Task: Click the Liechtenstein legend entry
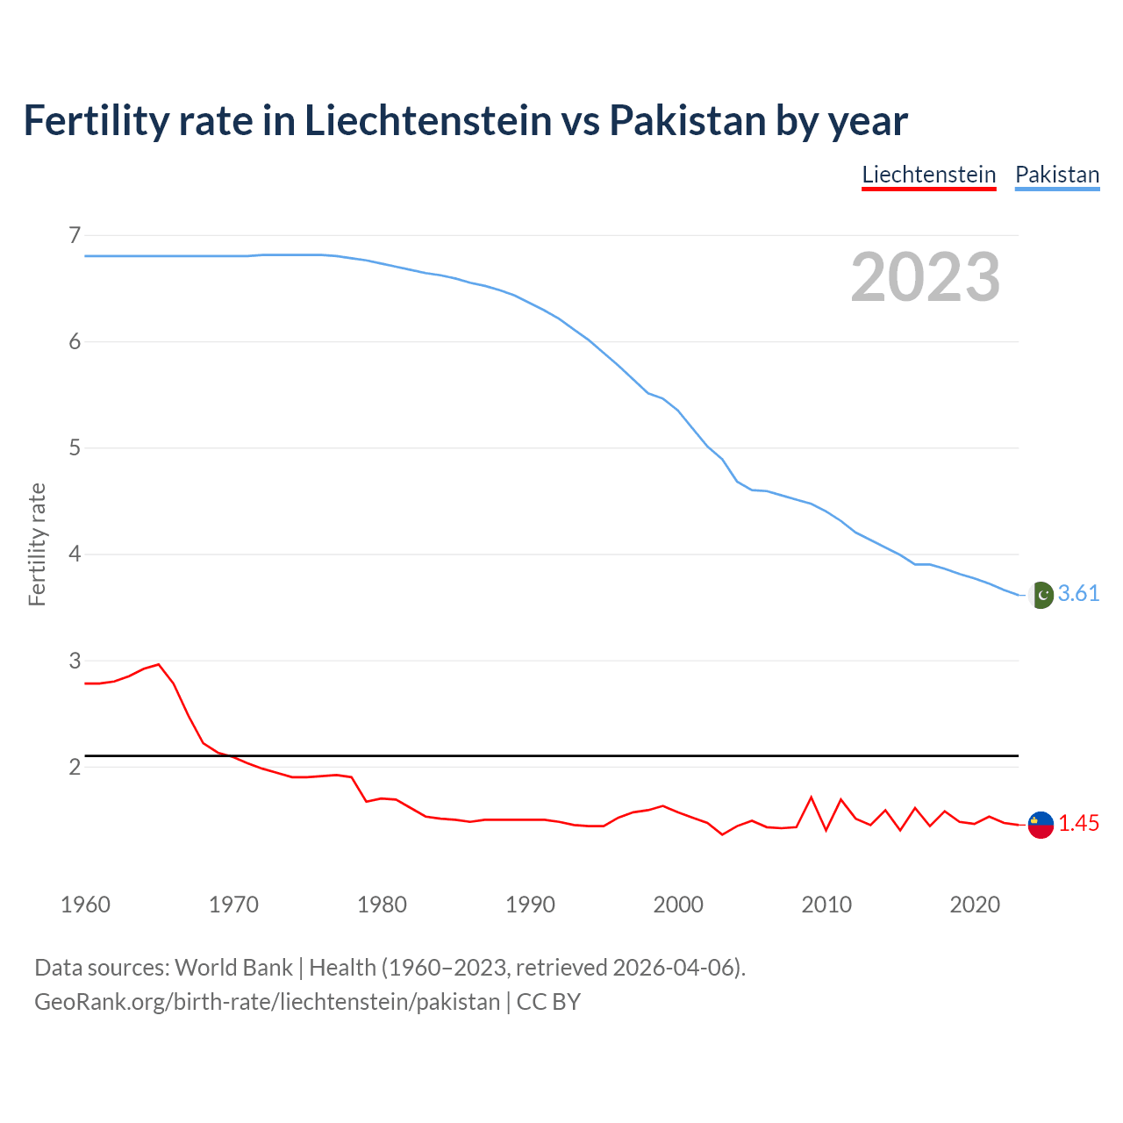pyautogui.click(x=928, y=175)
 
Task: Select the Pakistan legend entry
pyautogui.click(x=1056, y=175)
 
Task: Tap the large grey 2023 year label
pyautogui.click(x=925, y=277)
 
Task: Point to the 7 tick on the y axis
pyautogui.click(x=75, y=235)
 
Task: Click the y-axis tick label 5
pyautogui.click(x=75, y=448)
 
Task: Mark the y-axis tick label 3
pyautogui.click(x=75, y=661)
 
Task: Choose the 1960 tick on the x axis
pyautogui.click(x=85, y=905)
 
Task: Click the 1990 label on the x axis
pyautogui.click(x=530, y=905)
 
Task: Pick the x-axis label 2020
pyautogui.click(x=975, y=905)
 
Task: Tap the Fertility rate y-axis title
pyautogui.click(x=37, y=544)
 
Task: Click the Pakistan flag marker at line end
pyautogui.click(x=1041, y=595)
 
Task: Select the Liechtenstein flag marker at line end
pyautogui.click(x=1041, y=825)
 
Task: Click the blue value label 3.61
pyautogui.click(x=1078, y=594)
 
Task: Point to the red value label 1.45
pyautogui.click(x=1078, y=824)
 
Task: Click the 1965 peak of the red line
pyautogui.click(x=159, y=664)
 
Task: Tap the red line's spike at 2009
pyautogui.click(x=812, y=798)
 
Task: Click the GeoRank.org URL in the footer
pyautogui.click(x=267, y=1002)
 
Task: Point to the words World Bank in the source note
pyautogui.click(x=233, y=968)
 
